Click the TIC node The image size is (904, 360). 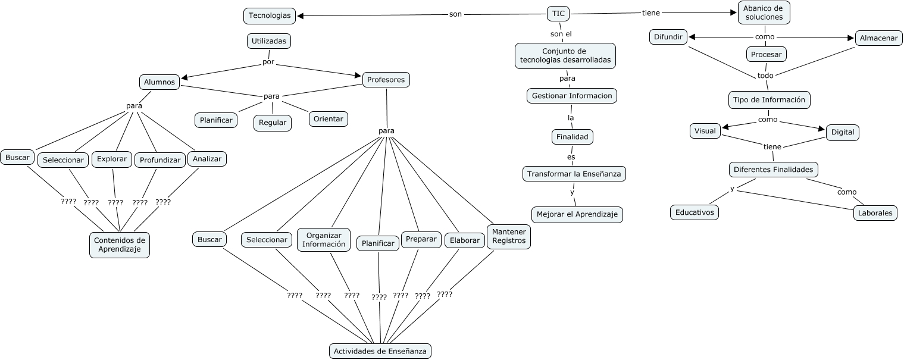[558, 14]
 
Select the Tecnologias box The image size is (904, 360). [270, 15]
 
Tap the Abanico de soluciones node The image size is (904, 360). [764, 12]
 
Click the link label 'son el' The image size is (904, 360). [561, 34]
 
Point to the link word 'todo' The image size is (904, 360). [765, 76]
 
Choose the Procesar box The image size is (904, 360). [766, 54]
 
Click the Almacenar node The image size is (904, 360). [878, 38]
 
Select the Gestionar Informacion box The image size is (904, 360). [572, 96]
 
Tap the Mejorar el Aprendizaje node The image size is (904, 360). [577, 214]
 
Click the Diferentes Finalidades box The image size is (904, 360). [773, 170]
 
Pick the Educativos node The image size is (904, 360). [695, 212]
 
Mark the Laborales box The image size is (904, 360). [875, 212]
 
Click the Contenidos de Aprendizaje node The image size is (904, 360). [120, 245]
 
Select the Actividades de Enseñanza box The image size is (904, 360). [380, 351]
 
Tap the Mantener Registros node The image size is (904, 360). [509, 236]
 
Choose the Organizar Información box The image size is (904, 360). [324, 240]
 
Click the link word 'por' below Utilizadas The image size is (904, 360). [268, 62]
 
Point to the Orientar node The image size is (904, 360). [328, 118]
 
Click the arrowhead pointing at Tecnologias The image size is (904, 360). [301, 15]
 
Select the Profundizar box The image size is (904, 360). [160, 160]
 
